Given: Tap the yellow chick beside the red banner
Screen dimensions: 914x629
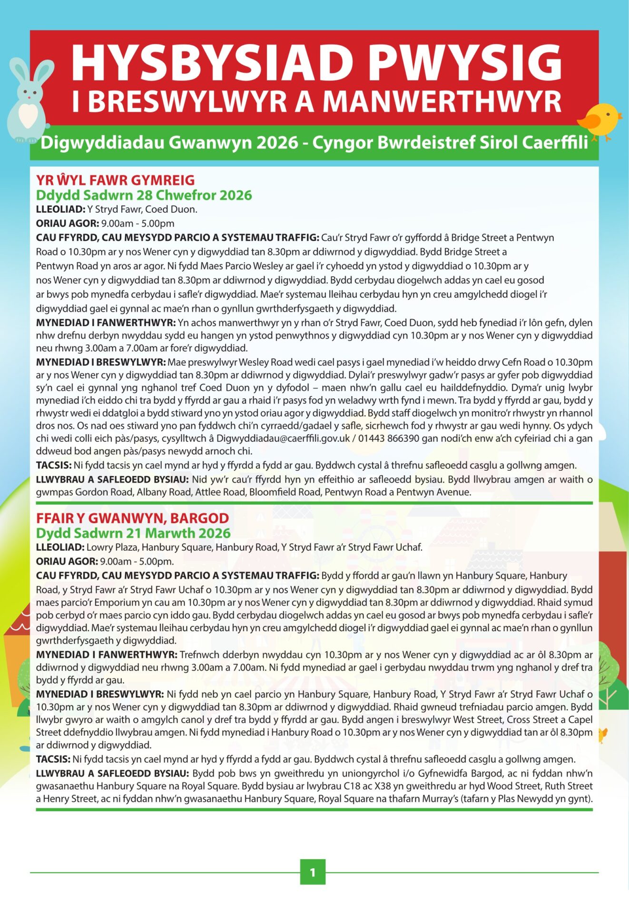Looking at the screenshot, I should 602,121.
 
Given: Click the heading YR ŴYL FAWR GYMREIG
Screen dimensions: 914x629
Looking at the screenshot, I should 116,180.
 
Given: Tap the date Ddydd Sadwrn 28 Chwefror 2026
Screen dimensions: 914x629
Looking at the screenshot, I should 144,195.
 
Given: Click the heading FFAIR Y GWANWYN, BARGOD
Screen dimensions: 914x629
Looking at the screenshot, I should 132,518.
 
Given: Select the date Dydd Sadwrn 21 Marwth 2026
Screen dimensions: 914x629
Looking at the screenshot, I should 133,533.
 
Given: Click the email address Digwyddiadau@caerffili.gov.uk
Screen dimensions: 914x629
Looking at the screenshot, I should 283,438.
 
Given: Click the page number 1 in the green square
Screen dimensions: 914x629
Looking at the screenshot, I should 313,872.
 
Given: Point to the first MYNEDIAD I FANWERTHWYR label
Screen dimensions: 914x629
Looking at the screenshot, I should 106,323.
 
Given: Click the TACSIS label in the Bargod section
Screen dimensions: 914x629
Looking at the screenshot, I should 53,759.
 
